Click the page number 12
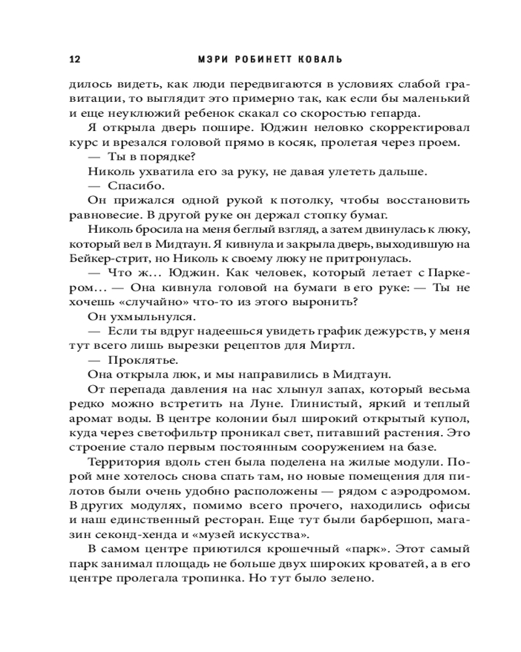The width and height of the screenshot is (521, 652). (x=74, y=59)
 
